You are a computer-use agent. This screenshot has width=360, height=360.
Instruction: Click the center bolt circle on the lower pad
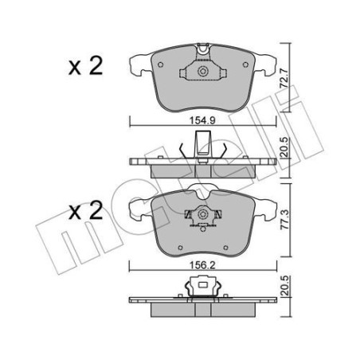point(202,217)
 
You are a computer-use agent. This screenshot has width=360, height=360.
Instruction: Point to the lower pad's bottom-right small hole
point(213,225)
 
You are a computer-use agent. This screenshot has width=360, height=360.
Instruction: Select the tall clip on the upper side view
point(202,147)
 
